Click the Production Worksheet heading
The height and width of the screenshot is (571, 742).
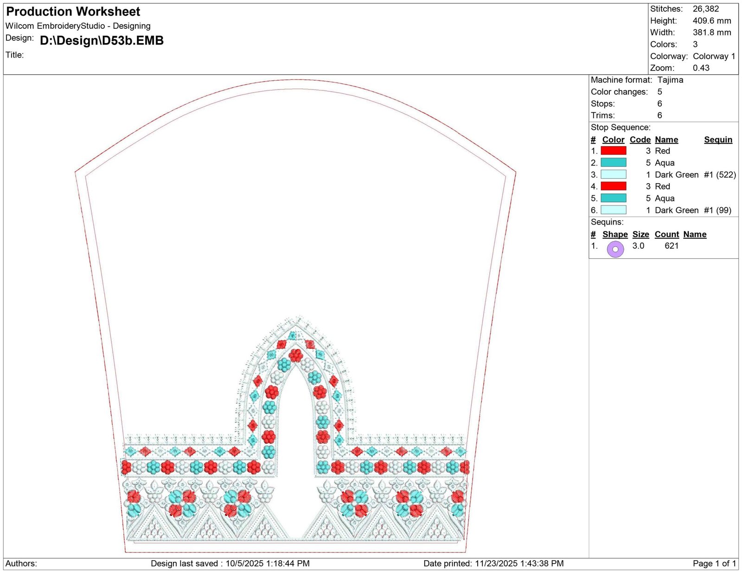(73, 12)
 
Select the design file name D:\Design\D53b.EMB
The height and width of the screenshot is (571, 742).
(102, 40)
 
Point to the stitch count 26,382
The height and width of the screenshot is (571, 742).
(706, 9)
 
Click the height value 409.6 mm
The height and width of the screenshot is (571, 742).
(712, 21)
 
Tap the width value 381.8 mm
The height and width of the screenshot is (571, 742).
(712, 32)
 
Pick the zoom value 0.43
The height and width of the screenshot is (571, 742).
(701, 68)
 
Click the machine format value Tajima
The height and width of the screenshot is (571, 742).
(670, 80)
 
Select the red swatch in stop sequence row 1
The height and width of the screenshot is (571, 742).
(613, 151)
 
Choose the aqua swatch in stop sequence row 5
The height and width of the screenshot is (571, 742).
(613, 198)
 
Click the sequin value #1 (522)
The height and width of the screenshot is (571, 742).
(720, 175)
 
